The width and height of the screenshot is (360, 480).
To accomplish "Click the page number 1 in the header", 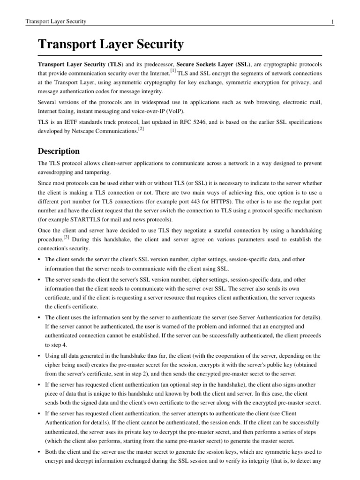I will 332,22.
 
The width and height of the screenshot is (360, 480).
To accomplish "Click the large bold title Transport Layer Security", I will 111,45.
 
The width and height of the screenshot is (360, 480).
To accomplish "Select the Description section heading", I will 59,151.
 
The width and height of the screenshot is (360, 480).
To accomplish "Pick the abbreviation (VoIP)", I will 172,111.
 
